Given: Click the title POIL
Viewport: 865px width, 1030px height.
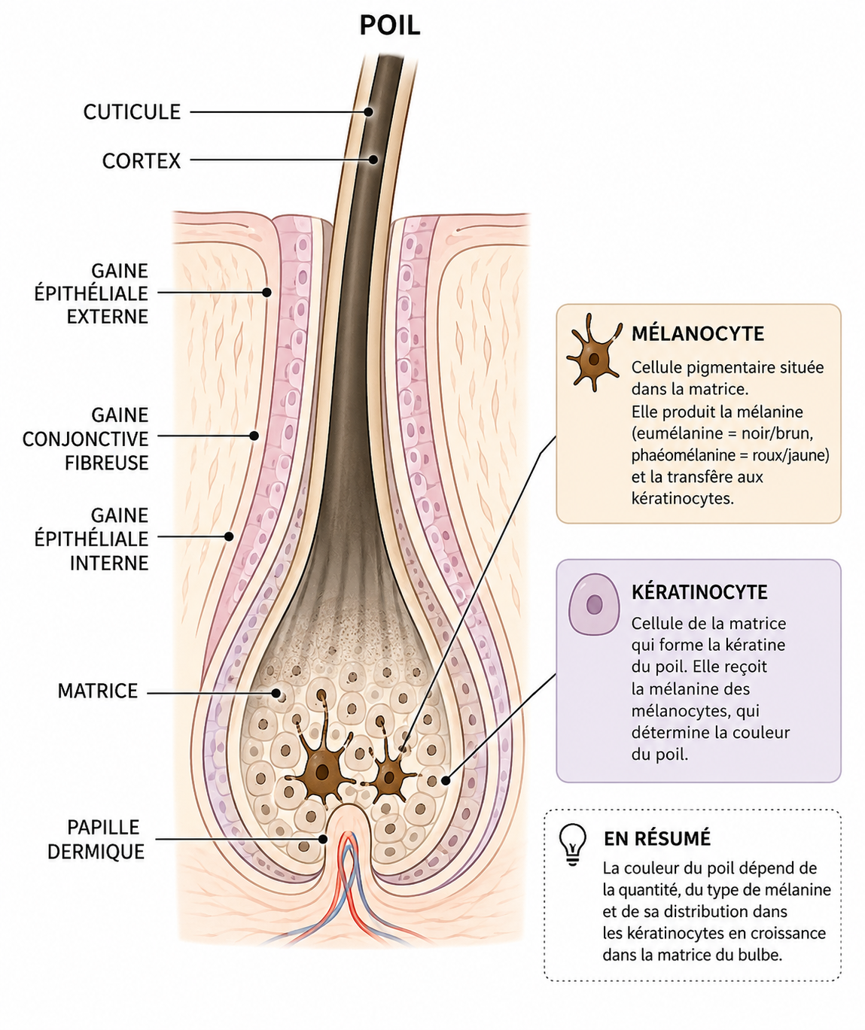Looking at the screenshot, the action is [389, 25].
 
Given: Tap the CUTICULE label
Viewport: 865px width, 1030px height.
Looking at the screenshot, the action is [132, 112].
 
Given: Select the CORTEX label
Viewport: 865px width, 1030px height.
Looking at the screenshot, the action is [142, 161].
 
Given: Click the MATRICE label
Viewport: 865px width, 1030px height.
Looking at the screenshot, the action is [97, 691].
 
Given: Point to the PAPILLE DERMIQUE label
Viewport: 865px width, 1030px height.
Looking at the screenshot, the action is [96, 839].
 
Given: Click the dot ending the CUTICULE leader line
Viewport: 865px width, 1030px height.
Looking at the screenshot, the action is [368, 112].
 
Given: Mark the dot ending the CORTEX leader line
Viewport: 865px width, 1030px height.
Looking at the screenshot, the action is [373, 160].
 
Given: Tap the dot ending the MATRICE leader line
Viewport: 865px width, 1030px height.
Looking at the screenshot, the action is [276, 693].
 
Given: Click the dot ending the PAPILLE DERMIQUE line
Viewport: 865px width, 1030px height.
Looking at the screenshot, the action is [323, 839].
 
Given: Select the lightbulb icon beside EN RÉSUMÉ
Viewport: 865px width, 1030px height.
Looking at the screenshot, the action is [573, 845].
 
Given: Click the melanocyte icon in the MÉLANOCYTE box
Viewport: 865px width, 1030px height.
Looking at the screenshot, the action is [593, 353].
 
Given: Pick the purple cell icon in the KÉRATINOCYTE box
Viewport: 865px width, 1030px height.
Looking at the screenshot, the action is [594, 604].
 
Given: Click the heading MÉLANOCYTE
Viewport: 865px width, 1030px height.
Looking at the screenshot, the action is [698, 334].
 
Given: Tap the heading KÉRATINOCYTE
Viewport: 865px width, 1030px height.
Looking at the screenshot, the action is [699, 592].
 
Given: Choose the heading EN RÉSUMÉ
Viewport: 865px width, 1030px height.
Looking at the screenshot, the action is [657, 839].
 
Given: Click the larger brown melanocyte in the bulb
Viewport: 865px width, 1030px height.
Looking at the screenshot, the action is [323, 770].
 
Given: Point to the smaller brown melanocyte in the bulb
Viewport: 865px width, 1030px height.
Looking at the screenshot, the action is [389, 778].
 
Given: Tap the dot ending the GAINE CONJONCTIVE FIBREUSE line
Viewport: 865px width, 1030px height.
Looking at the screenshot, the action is [254, 436].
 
